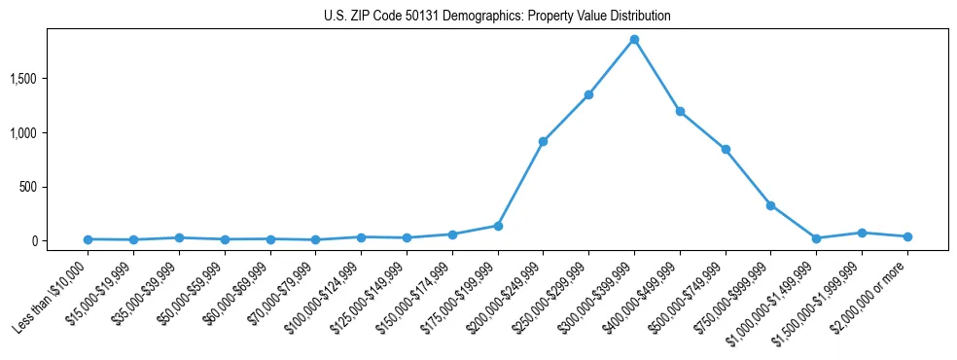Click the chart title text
[497, 17]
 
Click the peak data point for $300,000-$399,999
[634, 40]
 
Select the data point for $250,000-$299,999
[588, 94]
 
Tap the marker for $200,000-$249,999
[543, 142]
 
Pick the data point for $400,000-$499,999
[680, 112]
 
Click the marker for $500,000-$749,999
[726, 150]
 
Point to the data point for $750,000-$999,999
[770, 205]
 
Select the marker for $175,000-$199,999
[498, 226]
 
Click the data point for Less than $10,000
[89, 239]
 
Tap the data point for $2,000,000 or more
[907, 236]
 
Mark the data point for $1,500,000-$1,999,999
[862, 233]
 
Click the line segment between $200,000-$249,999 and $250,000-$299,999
[566, 118]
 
